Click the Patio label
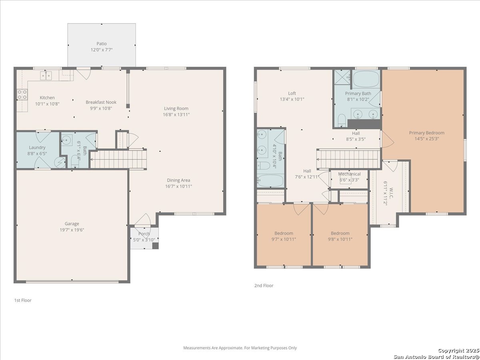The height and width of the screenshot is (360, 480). pyautogui.click(x=102, y=44)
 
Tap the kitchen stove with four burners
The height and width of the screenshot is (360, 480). pyautogui.click(x=22, y=95)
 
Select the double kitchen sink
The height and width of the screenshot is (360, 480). pyautogui.click(x=46, y=76)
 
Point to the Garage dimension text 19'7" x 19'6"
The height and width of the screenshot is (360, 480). pyautogui.click(x=72, y=230)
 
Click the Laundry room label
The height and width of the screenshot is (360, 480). pyautogui.click(x=37, y=148)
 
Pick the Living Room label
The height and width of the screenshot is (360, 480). pyautogui.click(x=176, y=108)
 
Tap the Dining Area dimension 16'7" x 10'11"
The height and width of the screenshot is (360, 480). pyautogui.click(x=179, y=186)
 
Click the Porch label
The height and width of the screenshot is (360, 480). pyautogui.click(x=144, y=234)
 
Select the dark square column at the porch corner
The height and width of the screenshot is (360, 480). pyautogui.click(x=156, y=246)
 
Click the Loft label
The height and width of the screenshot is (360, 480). pyautogui.click(x=292, y=93)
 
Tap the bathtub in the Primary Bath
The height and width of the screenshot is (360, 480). pyautogui.click(x=366, y=79)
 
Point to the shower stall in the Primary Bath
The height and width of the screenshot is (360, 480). pyautogui.click(x=342, y=77)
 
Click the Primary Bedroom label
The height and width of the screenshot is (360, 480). pyautogui.click(x=427, y=133)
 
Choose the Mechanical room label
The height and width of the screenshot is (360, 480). pyautogui.click(x=350, y=174)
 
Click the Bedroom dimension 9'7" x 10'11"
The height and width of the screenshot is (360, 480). pyautogui.click(x=284, y=239)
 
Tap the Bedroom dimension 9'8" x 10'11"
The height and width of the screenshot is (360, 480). pyautogui.click(x=340, y=239)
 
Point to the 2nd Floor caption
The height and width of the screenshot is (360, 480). pyautogui.click(x=264, y=286)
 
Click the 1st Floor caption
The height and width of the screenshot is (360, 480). pyautogui.click(x=23, y=300)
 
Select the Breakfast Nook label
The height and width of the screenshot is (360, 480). pyautogui.click(x=101, y=102)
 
